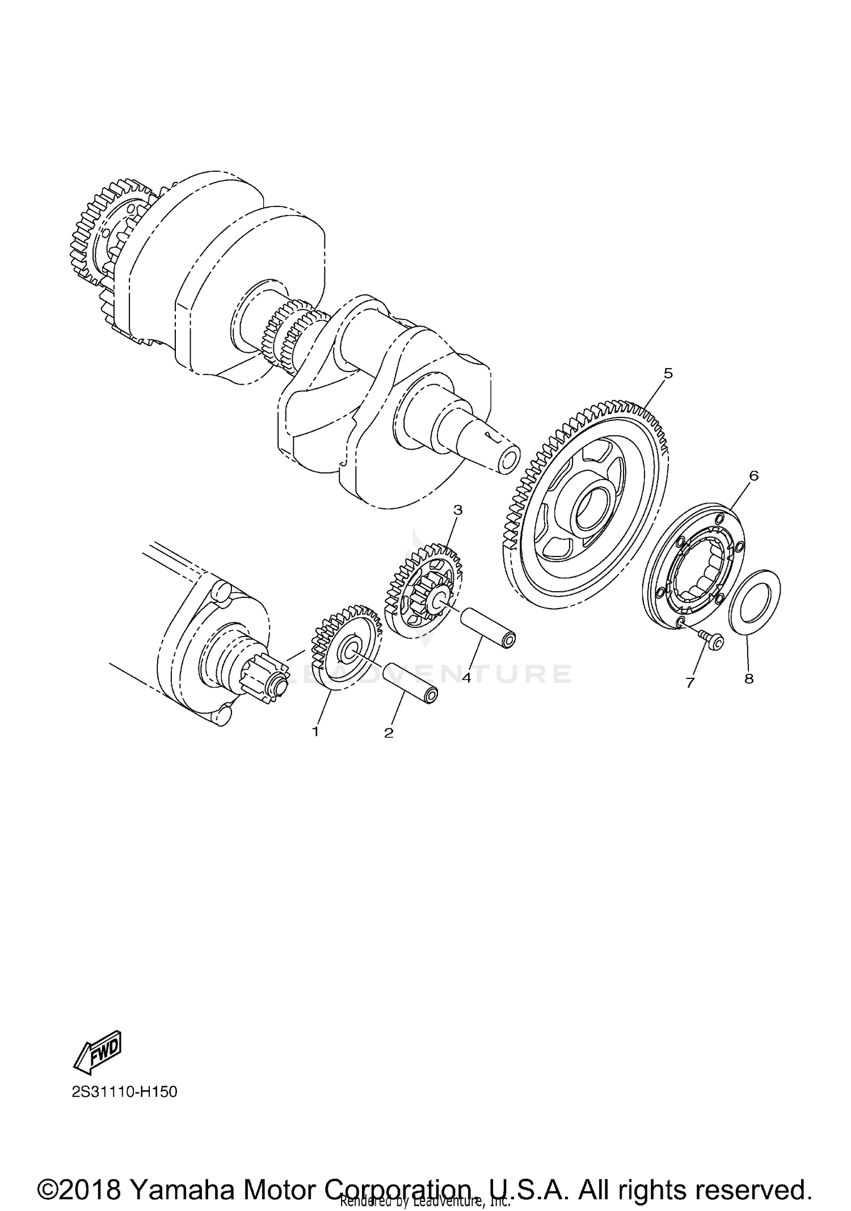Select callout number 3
point(458,510)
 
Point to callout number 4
point(466,677)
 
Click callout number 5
point(668,373)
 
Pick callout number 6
point(753,475)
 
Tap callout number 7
point(690,683)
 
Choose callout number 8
point(749,678)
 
